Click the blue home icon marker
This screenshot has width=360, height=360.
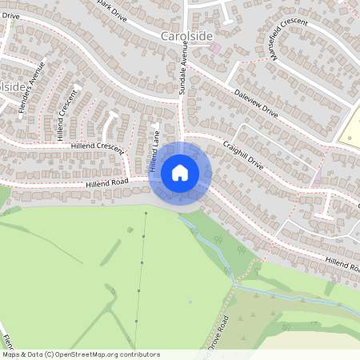pos(180,173)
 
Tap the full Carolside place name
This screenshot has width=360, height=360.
pos(187,36)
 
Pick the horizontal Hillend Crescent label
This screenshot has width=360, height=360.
pos(98,147)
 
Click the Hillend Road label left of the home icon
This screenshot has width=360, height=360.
pos(104,185)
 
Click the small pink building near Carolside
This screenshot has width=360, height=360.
pos(214,48)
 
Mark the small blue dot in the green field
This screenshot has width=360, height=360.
pos(190,302)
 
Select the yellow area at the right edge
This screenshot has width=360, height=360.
pos(351,128)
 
